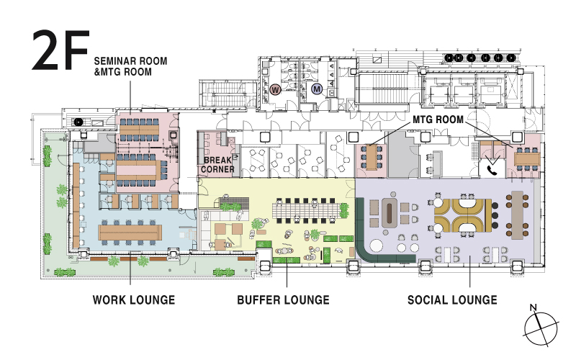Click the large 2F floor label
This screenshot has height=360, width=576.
pyautogui.click(x=60, y=50)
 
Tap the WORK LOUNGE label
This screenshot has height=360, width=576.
pyautogui.click(x=134, y=300)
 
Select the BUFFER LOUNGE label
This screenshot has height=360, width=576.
pyautogui.click(x=283, y=300)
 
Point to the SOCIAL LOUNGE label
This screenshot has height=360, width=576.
pyautogui.click(x=452, y=300)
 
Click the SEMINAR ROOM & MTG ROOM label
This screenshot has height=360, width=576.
pyautogui.click(x=130, y=66)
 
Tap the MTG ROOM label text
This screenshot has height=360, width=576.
pyautogui.click(x=438, y=120)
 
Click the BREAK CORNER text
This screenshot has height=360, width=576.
pyautogui.click(x=217, y=165)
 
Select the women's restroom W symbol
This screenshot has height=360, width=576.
pyautogui.click(x=275, y=89)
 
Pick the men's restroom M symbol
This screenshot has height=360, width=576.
pyautogui.click(x=317, y=89)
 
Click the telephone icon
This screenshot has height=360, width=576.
pyautogui.click(x=491, y=170)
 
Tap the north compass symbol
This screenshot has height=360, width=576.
pyautogui.click(x=541, y=329)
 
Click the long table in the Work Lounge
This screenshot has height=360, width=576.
pyautogui.click(x=130, y=233)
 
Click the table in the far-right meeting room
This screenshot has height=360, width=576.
pyautogui.click(x=527, y=158)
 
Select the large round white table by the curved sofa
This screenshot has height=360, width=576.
pyautogui.click(x=376, y=246)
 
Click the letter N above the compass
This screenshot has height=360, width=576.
pyautogui.click(x=534, y=307)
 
